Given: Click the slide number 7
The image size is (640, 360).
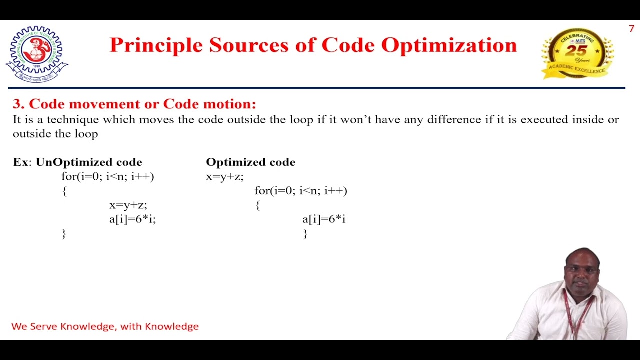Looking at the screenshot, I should coord(631,29).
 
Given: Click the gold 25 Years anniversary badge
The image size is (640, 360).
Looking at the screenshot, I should coord(577,53).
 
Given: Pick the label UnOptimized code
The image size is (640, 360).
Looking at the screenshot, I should coord(89,162).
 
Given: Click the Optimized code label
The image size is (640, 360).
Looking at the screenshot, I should coord(250,162).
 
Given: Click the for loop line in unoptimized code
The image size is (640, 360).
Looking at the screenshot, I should coord(107,176).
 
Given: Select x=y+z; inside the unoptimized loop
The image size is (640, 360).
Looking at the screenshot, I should coord(128,205).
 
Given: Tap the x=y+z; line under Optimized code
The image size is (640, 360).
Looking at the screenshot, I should coord(224,176).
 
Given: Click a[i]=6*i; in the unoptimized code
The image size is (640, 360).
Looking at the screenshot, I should coord(132,219).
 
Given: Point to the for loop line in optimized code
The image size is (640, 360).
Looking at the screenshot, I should coord(300,190).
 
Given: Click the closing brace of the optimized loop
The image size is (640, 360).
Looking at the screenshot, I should coord(305,233).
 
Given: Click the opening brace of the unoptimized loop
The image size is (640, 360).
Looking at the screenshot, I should coord(64,191).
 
